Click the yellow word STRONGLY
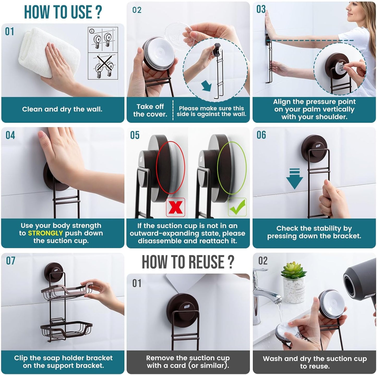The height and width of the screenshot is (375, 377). [x=45, y=233]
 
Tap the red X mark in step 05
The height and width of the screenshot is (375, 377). [x=176, y=207]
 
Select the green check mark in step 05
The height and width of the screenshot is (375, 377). [x=237, y=207]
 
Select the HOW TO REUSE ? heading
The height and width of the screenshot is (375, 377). [x=188, y=262]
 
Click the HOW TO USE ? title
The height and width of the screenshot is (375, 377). [x=63, y=12]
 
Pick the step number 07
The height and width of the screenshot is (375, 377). [x=11, y=261]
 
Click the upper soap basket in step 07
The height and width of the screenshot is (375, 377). [x=67, y=292]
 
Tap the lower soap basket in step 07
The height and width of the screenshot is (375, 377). [x=67, y=330]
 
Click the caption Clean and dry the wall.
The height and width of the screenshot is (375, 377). [x=62, y=109]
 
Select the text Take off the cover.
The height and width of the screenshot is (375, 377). [x=150, y=110]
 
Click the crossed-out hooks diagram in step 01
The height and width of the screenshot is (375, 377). [x=103, y=66]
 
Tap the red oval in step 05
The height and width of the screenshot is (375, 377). [x=170, y=167]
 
